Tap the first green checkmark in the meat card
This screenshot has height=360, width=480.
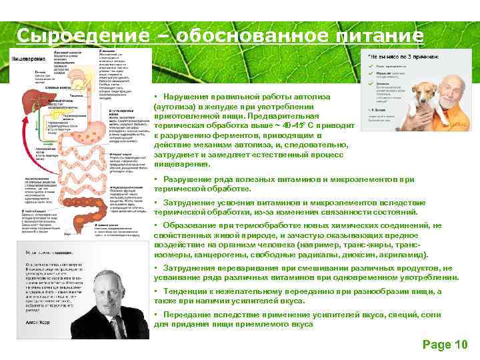(x=370, y=67)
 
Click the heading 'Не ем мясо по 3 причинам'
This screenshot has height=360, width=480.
(x=404, y=56)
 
